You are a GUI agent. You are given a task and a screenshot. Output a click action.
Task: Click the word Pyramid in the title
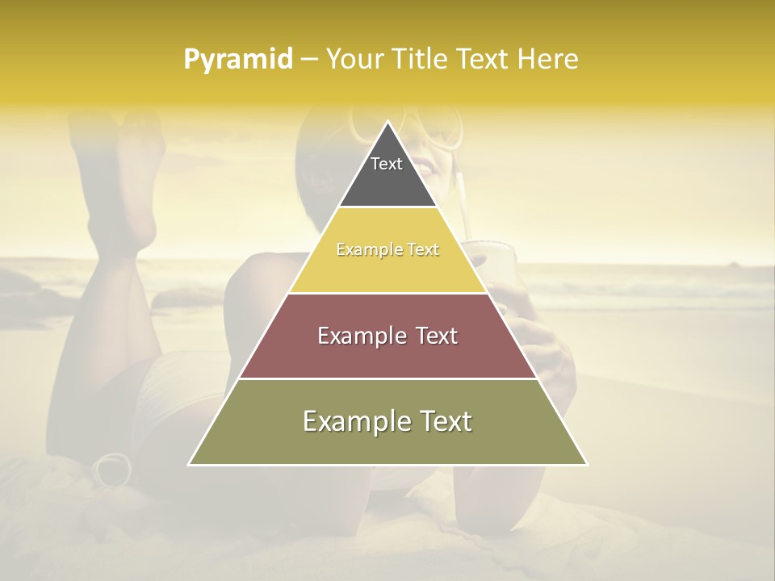(x=238, y=60)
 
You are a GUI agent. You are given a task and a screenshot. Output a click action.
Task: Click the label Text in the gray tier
(x=387, y=164)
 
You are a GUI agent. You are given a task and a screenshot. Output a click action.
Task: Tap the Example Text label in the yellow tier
(x=387, y=249)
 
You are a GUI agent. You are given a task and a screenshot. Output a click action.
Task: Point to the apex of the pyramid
(x=387, y=123)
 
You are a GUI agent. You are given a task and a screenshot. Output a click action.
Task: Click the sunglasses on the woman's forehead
(x=412, y=129)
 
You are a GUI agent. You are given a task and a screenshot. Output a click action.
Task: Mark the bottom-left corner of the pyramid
(x=190, y=464)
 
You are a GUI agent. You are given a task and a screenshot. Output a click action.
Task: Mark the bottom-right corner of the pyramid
(x=586, y=464)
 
